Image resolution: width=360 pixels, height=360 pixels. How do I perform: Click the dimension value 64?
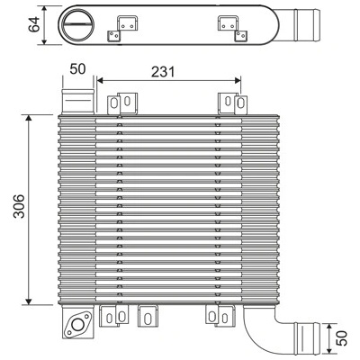click(x=34, y=24)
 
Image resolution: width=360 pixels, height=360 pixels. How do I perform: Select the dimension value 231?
click(x=163, y=72)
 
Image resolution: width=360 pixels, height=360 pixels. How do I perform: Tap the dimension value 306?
click(x=19, y=206)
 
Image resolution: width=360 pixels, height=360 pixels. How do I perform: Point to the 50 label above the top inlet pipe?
click(x=77, y=69)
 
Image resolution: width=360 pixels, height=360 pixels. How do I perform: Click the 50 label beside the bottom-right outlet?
click(x=342, y=337)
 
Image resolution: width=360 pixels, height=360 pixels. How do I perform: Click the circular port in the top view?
click(x=78, y=25)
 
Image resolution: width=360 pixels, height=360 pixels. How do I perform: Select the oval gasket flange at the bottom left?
click(x=78, y=324)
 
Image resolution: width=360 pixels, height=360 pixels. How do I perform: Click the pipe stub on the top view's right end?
click(x=299, y=25)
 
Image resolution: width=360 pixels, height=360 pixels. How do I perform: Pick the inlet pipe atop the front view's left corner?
click(x=78, y=102)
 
